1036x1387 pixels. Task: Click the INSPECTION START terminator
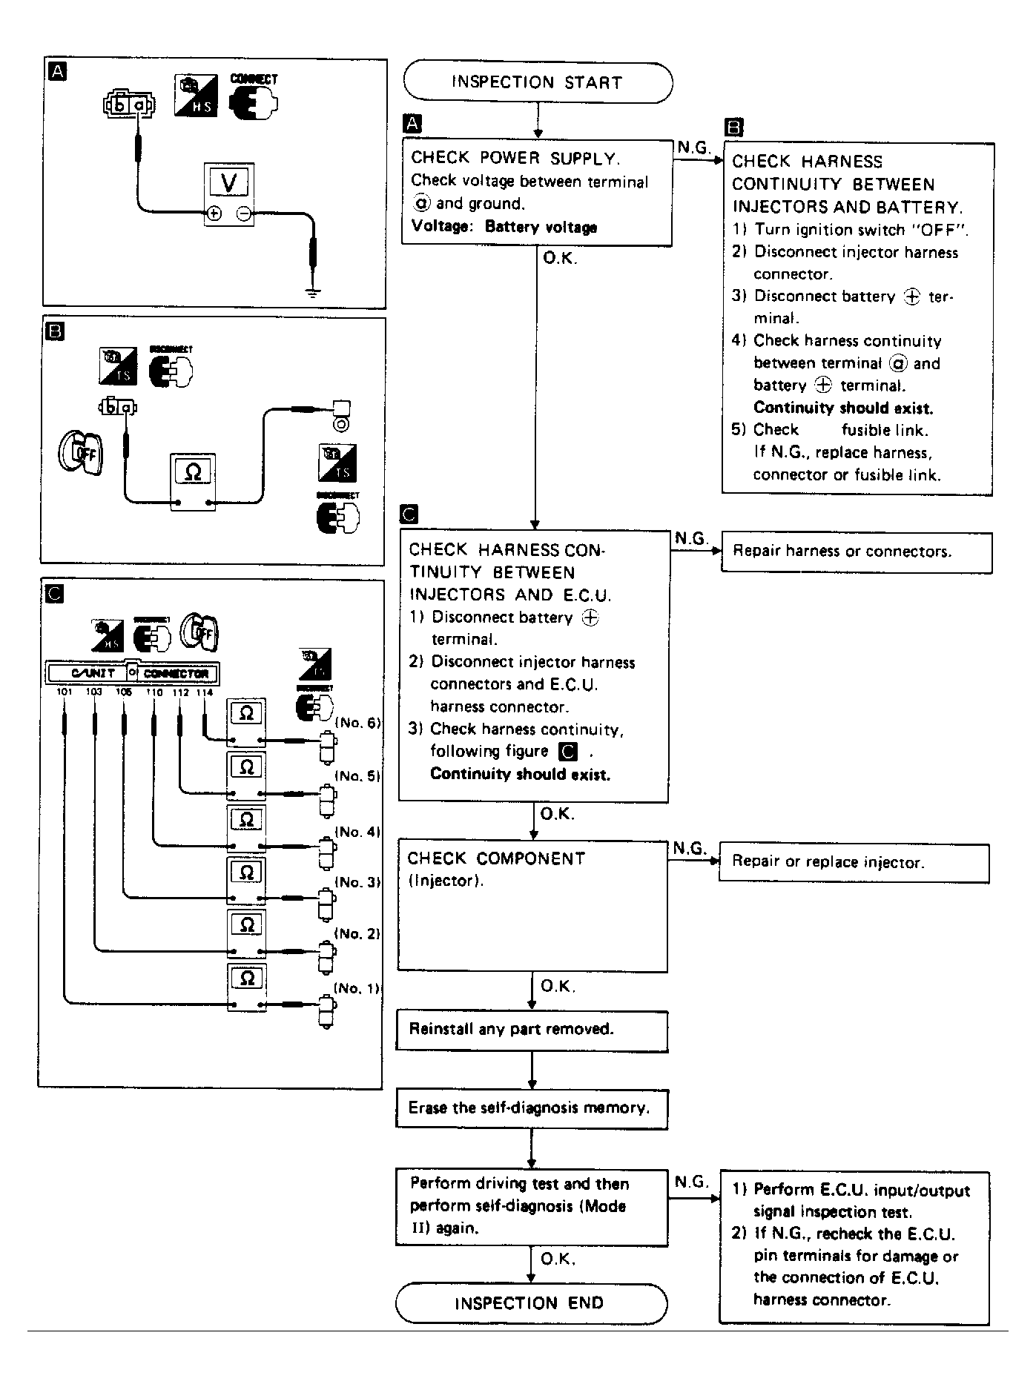[x=538, y=82]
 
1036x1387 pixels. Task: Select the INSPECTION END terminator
[x=530, y=1303]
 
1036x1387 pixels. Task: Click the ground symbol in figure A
[x=314, y=292]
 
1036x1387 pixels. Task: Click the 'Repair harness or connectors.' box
[x=857, y=552]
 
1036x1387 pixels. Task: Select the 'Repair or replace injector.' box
[x=854, y=861]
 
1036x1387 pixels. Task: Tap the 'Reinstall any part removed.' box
[x=532, y=1030]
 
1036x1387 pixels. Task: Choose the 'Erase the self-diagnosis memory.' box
[x=532, y=1108]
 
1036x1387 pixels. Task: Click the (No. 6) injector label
[x=357, y=723]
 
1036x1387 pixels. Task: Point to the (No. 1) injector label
[x=357, y=988]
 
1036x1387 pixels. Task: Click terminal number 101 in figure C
[x=65, y=692]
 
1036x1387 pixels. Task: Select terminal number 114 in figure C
[x=204, y=692]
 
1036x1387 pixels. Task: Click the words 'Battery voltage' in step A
[x=541, y=228]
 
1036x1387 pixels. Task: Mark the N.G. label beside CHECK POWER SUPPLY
[x=693, y=148]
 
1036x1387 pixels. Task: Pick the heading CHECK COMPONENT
[x=496, y=858]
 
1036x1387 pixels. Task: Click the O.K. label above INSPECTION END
[x=558, y=1259]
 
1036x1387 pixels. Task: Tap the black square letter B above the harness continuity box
[x=733, y=128]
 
